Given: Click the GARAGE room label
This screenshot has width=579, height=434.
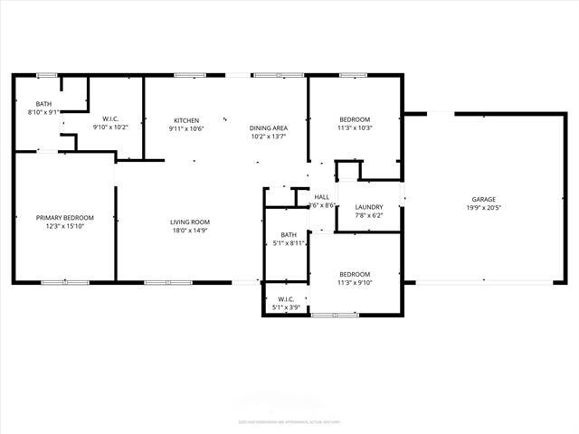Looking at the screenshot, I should pyautogui.click(x=483, y=199).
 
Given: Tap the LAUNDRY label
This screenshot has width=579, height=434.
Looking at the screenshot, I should pyautogui.click(x=369, y=207).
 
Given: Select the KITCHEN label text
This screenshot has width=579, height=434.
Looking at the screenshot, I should pyautogui.click(x=186, y=120).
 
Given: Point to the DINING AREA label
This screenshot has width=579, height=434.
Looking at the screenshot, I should pyautogui.click(x=269, y=127).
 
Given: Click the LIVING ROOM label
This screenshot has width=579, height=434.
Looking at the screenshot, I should pyautogui.click(x=190, y=222).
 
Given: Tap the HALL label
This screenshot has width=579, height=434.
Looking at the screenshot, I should pyautogui.click(x=322, y=197).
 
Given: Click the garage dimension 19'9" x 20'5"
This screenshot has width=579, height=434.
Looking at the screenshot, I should pyautogui.click(x=483, y=207).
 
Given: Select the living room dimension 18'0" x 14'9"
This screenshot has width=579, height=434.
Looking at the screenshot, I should pyautogui.click(x=190, y=230).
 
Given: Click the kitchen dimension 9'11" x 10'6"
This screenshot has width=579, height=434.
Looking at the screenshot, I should pyautogui.click(x=186, y=128).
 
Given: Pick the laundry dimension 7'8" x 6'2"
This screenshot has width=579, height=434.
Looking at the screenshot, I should pyautogui.click(x=369, y=215).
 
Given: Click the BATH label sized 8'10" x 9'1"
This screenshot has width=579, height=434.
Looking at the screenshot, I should pyautogui.click(x=44, y=105).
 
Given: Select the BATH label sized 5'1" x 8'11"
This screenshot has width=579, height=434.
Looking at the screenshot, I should pyautogui.click(x=289, y=235).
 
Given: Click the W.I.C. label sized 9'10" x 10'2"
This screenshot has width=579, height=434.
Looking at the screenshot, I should pyautogui.click(x=111, y=118).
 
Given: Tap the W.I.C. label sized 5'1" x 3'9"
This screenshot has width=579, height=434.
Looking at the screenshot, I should pyautogui.click(x=286, y=299).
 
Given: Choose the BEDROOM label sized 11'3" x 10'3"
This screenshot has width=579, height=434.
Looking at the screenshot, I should pyautogui.click(x=355, y=119).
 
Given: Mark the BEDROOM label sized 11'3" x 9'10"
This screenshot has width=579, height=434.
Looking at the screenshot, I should pyautogui.click(x=355, y=274).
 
